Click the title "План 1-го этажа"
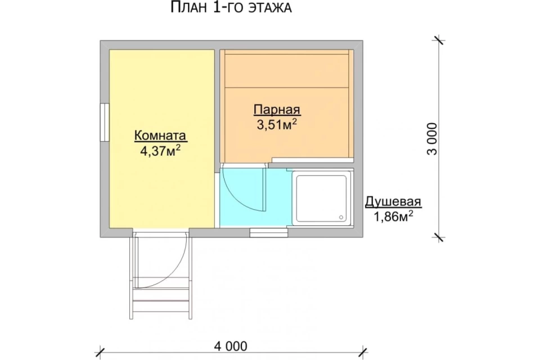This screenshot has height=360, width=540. point(231,7)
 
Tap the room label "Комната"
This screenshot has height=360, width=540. point(160,136)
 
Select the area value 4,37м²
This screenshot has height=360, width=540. point(160,151)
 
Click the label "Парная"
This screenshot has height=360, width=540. point(277,110)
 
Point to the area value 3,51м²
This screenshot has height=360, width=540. point(277,124)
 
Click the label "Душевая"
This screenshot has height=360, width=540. point(393,201)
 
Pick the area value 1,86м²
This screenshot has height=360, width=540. point(393,217)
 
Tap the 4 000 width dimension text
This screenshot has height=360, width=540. point(231,346)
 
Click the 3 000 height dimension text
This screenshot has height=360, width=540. point(433,139)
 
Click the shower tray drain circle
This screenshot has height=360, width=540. point(341,217)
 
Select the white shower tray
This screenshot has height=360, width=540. point(322,199)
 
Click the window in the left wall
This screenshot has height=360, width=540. point(105,122)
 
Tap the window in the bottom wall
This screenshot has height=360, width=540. point(269,232)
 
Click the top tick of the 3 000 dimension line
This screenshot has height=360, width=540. point(438,40)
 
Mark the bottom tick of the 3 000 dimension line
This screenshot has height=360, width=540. point(438,237)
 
